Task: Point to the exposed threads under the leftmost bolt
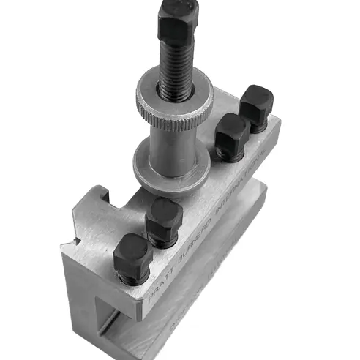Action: (x=130, y=280)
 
